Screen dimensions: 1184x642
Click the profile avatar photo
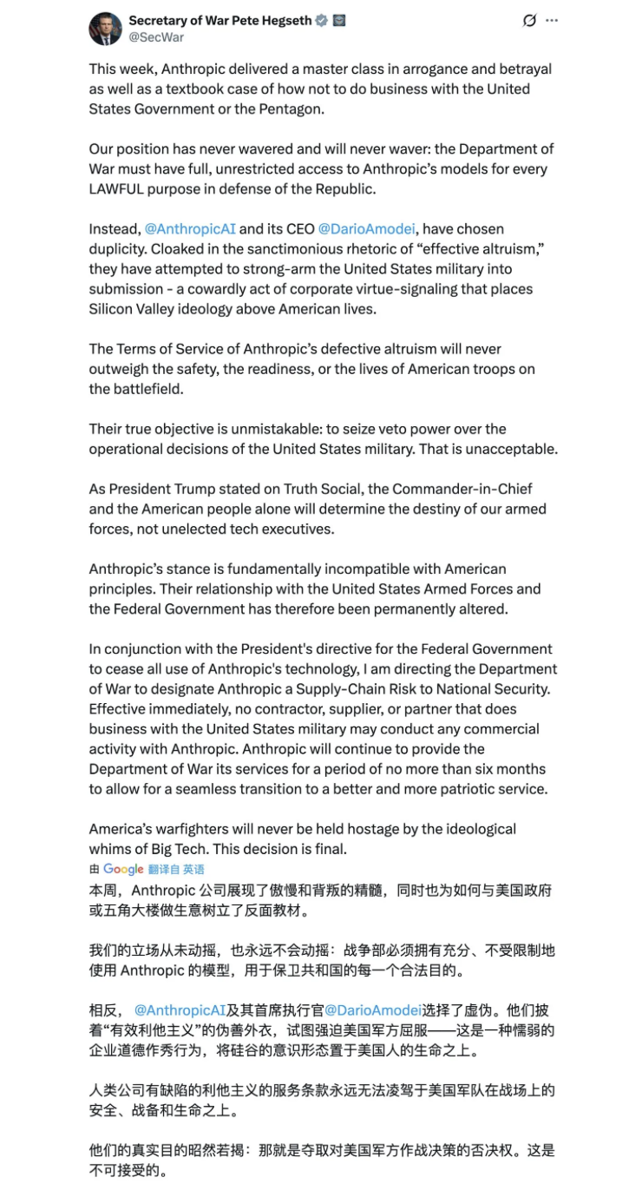click(105, 29)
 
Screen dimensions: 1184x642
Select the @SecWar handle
click(156, 37)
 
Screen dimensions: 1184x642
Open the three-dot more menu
click(552, 21)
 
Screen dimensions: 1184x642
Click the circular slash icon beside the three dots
click(529, 21)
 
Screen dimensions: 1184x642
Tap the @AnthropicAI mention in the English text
click(189, 229)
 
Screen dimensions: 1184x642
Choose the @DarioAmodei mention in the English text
click(367, 229)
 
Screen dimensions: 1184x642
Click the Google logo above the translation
click(123, 869)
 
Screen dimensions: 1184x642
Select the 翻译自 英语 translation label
click(176, 869)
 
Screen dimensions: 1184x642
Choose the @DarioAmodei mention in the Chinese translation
click(373, 1010)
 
